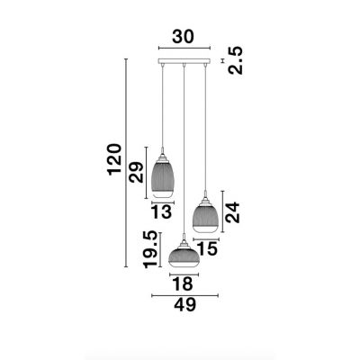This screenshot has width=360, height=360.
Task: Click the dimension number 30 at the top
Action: coord(184,37)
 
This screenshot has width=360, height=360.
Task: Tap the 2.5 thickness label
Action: coord(235,60)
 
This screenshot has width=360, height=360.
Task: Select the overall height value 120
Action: coord(114,159)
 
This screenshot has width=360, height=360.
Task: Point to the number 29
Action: coord(137,172)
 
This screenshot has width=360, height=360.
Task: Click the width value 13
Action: coord(161,212)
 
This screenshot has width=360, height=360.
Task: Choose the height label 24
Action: coord(233,212)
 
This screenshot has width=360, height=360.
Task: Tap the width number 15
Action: coord(207,249)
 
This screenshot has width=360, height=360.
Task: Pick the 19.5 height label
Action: coord(150,249)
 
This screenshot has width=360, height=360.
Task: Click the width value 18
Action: coord(183,283)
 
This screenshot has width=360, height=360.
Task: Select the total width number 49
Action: coord(185,305)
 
